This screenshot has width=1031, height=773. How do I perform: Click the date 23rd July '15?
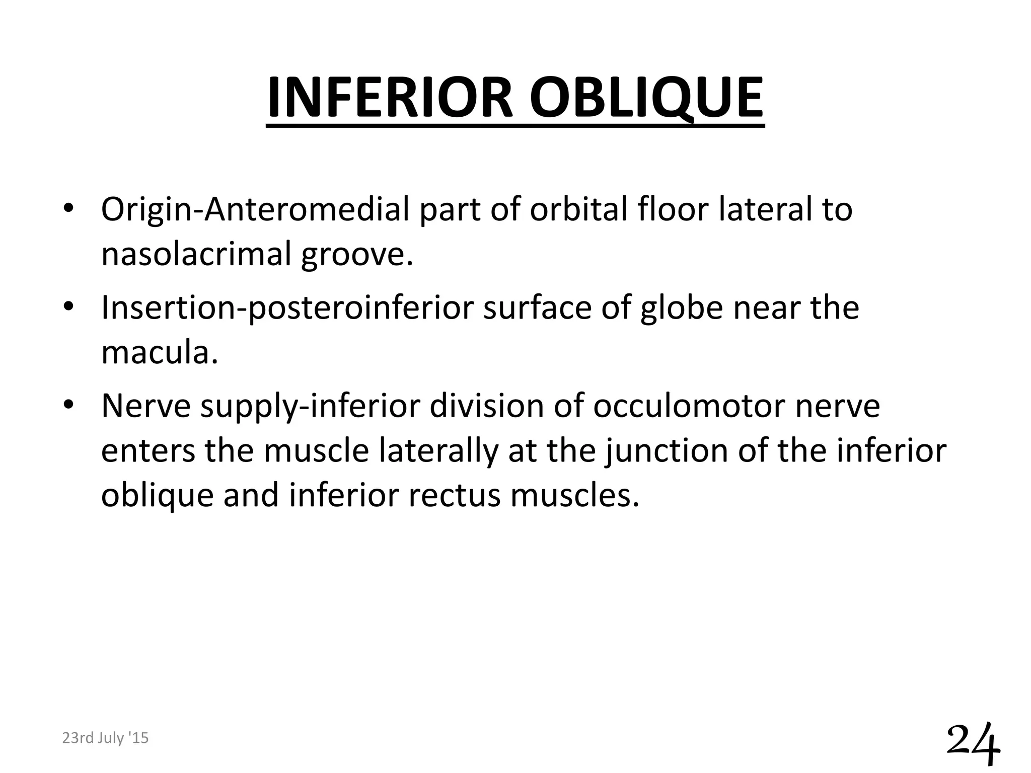click(105, 738)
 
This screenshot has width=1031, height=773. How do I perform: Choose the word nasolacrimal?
click(196, 254)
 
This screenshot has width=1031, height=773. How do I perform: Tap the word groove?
click(356, 255)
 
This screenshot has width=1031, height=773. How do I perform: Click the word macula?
click(160, 352)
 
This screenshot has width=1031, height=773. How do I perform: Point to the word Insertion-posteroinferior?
click(287, 308)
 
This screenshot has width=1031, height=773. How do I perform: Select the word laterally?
click(437, 451)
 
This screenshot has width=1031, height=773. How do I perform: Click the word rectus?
click(453, 495)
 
